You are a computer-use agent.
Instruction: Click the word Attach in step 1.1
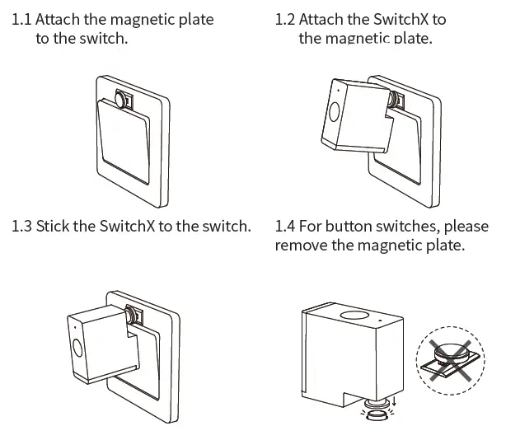[x=59, y=19]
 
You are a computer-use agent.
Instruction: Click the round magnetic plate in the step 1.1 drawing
[x=123, y=100]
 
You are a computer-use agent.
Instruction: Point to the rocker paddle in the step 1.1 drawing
[x=124, y=140]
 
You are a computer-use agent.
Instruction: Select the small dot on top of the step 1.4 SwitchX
[x=381, y=316]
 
